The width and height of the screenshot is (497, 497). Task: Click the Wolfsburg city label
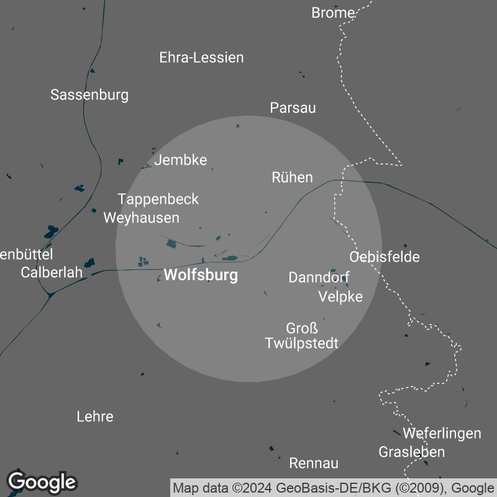(201, 275)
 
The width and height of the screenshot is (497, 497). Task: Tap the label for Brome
(333, 12)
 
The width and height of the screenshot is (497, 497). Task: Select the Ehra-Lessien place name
(201, 58)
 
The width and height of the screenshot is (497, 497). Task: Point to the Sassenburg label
(89, 95)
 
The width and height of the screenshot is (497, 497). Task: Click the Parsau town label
(293, 108)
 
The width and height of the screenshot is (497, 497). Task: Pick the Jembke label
(180, 160)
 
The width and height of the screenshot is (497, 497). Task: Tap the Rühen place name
(292, 178)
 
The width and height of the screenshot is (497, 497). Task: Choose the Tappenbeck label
(158, 199)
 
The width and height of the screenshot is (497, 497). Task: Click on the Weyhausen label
(141, 218)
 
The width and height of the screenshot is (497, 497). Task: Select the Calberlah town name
(52, 273)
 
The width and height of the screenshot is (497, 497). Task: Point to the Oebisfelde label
(385, 257)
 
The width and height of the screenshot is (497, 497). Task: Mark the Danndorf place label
(319, 278)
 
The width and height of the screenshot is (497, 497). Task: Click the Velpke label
(340, 296)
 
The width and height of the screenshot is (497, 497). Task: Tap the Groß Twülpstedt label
(302, 335)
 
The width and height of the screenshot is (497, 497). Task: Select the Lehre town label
(95, 416)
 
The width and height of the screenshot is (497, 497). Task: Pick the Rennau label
(314, 463)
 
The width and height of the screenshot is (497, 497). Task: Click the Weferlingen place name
(442, 433)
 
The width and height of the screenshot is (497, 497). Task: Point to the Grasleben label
(412, 452)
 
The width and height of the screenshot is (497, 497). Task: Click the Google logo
(42, 481)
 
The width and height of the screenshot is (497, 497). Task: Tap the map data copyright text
(334, 486)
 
